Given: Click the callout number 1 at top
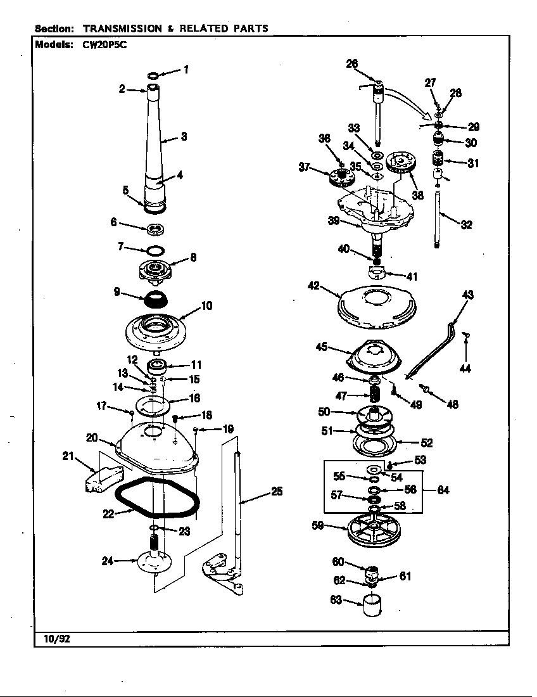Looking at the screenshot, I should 186,70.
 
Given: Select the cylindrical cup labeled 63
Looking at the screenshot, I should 372,605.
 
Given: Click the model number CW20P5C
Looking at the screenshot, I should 101,45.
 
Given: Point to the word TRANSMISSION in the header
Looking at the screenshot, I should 122,29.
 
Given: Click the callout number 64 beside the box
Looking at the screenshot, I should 443,490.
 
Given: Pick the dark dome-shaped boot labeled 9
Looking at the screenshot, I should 151,297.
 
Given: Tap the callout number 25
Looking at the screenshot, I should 276,491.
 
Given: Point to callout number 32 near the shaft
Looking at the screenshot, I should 466,224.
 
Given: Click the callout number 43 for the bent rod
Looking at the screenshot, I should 467,295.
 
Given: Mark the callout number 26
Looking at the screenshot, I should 352,63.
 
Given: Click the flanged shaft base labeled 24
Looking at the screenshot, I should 154,563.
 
